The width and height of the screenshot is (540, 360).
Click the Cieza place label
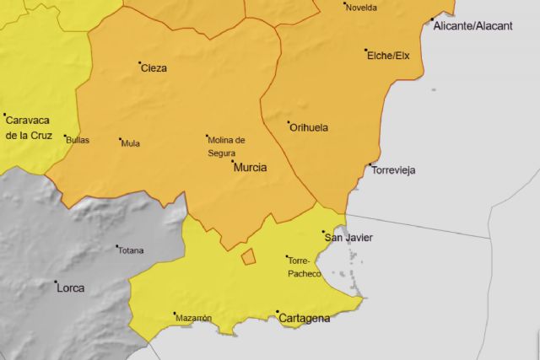(154, 68)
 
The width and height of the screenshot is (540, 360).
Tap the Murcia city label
(250, 168)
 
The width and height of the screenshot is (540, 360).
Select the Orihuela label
(309, 128)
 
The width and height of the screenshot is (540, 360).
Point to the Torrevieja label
(394, 170)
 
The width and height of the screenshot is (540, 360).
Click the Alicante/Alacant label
(472, 26)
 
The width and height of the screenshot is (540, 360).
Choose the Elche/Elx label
(388, 56)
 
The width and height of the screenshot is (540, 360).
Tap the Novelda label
(361, 8)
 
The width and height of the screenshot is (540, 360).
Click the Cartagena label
(304, 319)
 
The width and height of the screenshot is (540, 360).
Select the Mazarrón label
(194, 318)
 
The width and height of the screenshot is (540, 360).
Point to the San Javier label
(348, 238)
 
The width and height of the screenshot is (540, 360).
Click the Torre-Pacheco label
(305, 266)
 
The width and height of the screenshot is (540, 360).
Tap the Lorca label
(70, 287)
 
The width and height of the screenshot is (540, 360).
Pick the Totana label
(131, 250)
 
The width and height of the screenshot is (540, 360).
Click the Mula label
(131, 143)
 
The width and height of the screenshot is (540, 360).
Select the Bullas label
(77, 140)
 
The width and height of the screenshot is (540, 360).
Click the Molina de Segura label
(226, 146)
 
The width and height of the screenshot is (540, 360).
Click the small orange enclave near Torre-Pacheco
(248, 256)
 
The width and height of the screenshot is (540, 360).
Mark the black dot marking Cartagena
(278, 313)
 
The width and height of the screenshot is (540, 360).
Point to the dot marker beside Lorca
(56, 282)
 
